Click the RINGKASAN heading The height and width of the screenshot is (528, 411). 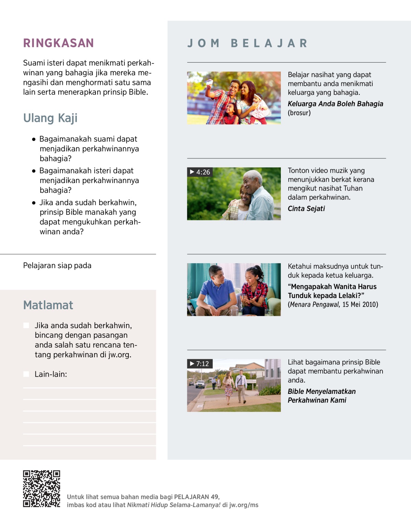[x=58, y=43]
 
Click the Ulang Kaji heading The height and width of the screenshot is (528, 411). [x=50, y=118]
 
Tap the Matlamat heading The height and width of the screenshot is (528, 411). [x=48, y=305]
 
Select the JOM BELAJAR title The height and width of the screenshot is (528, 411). [x=247, y=43]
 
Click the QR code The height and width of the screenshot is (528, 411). [x=41, y=488]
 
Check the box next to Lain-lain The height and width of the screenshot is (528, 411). [x=26, y=374]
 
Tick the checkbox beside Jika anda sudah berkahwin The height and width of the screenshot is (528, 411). [x=26, y=325]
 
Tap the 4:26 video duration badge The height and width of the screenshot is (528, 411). [x=200, y=172]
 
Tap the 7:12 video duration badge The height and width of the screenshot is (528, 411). [x=200, y=364]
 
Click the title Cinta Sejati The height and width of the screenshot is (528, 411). [x=306, y=209]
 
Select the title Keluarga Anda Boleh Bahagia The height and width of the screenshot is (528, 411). [x=335, y=104]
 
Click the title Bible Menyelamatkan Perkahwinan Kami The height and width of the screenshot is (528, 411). [x=321, y=396]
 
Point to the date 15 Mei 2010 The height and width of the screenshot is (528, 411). [x=360, y=305]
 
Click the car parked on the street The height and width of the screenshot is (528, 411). [x=200, y=384]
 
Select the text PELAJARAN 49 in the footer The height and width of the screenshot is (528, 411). [x=196, y=497]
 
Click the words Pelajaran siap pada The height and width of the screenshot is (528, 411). [x=57, y=266]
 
